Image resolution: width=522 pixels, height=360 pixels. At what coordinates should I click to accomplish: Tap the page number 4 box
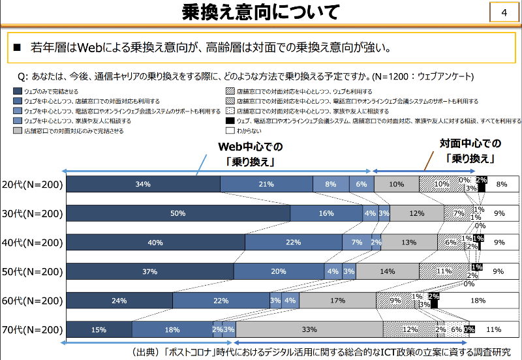click(503, 13)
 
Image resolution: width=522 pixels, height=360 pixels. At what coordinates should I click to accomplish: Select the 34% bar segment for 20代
click(144, 185)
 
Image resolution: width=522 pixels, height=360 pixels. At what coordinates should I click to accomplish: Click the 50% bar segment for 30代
click(178, 213)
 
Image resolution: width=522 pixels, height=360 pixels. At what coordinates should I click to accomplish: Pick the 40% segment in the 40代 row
click(156, 242)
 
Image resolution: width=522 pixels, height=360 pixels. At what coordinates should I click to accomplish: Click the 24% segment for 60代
click(119, 301)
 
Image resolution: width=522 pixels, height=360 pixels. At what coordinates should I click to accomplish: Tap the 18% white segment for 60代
click(478, 301)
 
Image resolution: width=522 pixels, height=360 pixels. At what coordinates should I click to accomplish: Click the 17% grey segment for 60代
click(337, 301)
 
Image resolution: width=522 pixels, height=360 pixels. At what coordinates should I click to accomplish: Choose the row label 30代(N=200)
click(32, 213)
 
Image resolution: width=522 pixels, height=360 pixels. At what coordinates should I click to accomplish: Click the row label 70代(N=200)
click(32, 329)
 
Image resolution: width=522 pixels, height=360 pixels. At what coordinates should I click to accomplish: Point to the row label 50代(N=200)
click(32, 271)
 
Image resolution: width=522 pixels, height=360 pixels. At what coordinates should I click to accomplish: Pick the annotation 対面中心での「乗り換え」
click(469, 151)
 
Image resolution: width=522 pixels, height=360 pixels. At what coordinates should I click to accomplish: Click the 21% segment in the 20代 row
click(266, 185)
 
